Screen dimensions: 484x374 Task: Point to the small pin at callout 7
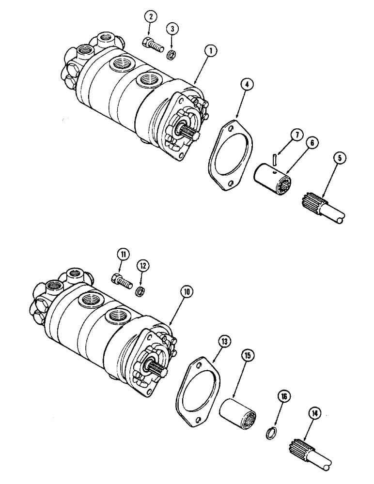click(x=275, y=158)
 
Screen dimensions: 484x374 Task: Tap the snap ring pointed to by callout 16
click(x=272, y=430)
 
